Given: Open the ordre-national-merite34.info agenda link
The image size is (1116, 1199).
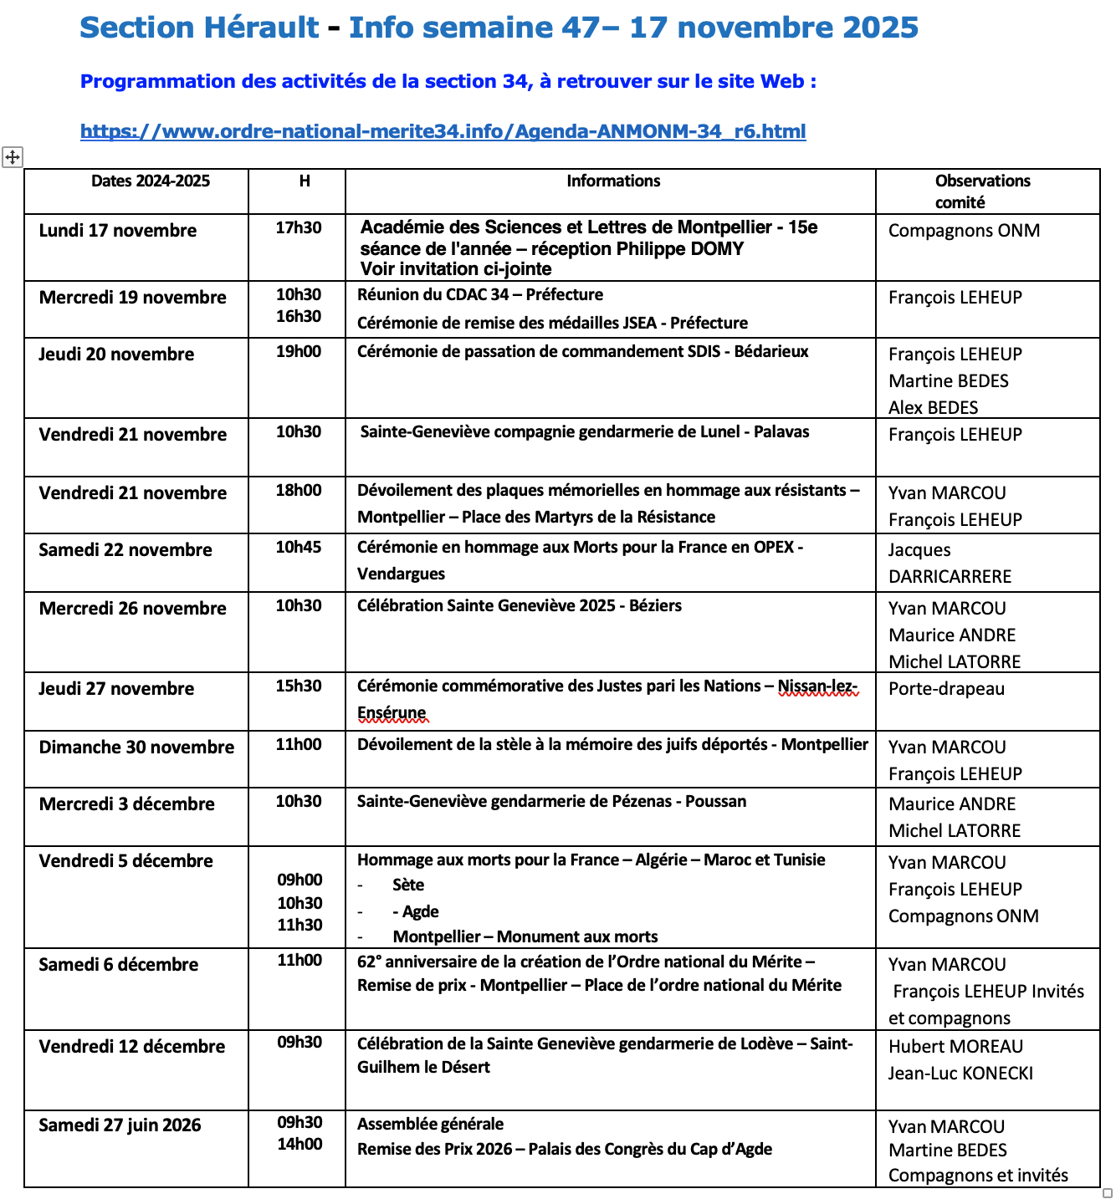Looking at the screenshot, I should (443, 131).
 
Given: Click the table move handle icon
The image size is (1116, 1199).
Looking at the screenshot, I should (13, 156).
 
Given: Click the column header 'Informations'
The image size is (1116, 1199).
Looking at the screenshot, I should (612, 181).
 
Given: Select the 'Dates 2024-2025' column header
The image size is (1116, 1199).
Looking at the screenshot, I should (151, 181).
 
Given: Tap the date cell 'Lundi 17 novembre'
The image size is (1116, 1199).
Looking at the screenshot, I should (118, 231).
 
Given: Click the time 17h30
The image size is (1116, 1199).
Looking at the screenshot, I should (299, 227).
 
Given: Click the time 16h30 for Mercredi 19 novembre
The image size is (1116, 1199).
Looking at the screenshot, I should (299, 316).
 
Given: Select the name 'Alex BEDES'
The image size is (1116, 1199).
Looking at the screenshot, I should (933, 408).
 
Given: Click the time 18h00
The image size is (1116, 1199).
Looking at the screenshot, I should (299, 490).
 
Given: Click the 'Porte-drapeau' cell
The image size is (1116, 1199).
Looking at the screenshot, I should (946, 689).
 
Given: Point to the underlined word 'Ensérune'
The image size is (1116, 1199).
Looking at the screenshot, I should (392, 713).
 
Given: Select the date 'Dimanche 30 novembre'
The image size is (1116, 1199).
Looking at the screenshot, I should (136, 747).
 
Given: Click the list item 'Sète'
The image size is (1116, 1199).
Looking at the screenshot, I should (408, 885).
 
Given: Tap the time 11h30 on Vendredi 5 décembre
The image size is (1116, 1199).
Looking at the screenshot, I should (299, 925).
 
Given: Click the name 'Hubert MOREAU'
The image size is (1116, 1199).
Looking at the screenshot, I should (955, 1047).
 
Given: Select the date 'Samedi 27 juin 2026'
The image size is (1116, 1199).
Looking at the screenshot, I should (120, 1125).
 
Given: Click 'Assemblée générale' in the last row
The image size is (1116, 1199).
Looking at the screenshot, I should (430, 1125).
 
